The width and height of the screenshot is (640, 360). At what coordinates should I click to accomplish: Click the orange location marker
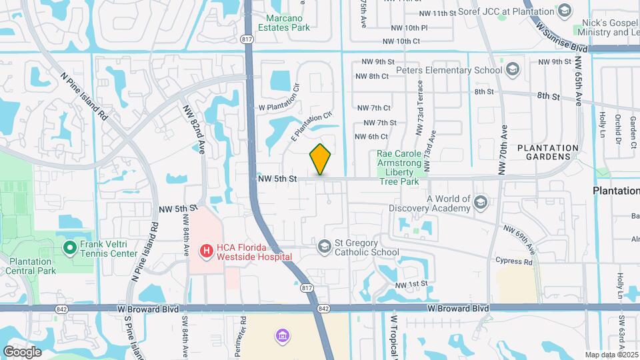click(x=321, y=159)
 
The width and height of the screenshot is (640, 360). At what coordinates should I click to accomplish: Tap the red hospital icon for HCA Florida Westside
click(x=207, y=251)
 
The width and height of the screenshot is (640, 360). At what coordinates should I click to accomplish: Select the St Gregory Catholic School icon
click(x=325, y=247)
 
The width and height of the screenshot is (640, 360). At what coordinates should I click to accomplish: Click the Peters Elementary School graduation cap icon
click(x=513, y=69)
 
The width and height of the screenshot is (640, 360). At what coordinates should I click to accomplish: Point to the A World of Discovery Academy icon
click(x=481, y=201)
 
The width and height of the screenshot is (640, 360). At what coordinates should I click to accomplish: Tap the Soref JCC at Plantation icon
click(x=565, y=11)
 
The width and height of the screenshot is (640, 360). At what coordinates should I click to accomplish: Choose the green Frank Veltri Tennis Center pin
click(x=69, y=248)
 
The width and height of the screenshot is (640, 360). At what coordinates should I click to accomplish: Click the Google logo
click(x=22, y=351)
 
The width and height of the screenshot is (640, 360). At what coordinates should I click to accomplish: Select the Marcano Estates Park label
click(x=289, y=23)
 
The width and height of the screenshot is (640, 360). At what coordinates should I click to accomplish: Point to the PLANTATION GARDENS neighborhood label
click(x=548, y=152)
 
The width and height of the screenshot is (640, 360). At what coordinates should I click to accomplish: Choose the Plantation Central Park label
click(x=31, y=267)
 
